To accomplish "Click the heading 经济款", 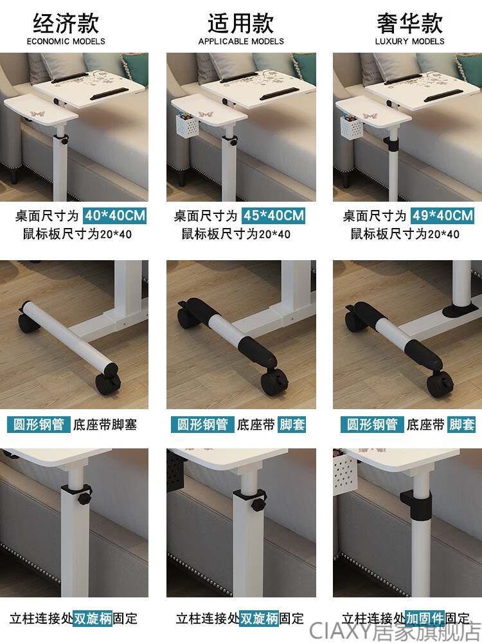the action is pyautogui.click(x=66, y=23).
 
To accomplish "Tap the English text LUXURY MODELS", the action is pyautogui.click(x=409, y=41).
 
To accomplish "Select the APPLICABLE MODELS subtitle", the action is pyautogui.click(x=241, y=41).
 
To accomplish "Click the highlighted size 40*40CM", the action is pyautogui.click(x=115, y=215).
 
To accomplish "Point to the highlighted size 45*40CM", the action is pyautogui.click(x=274, y=215).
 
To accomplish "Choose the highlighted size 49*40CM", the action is pyautogui.click(x=442, y=215).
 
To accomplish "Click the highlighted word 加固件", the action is pyautogui.click(x=425, y=618).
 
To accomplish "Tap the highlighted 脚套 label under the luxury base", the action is pyautogui.click(x=461, y=425).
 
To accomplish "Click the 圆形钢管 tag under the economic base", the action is pyautogui.click(x=39, y=425).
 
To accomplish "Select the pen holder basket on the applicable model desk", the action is pyautogui.click(x=186, y=125).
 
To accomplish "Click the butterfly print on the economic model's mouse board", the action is pyautogui.click(x=37, y=114).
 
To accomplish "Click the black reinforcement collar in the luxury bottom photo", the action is pyautogui.click(x=415, y=504).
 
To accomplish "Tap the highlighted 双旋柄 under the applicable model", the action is pyautogui.click(x=259, y=618).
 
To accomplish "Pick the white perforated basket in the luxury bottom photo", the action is pyautogui.click(x=346, y=471).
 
